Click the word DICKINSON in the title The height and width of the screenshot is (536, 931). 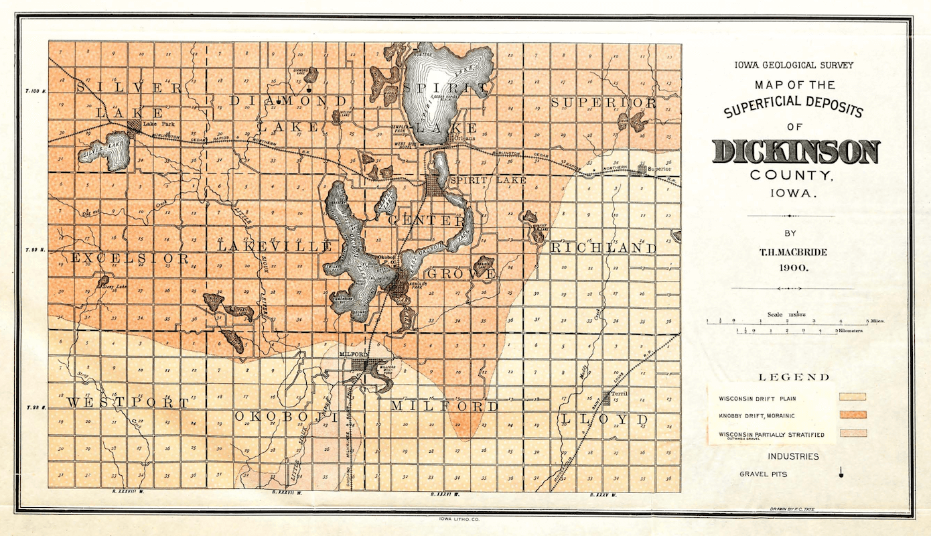tap(795, 152)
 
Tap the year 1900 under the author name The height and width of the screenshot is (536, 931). tap(794, 267)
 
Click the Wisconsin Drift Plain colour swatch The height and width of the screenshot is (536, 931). tap(853, 397)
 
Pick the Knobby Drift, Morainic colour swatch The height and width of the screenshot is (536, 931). tap(853, 415)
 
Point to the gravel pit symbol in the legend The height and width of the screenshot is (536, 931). tap(841, 474)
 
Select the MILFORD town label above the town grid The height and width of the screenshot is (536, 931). tap(351, 354)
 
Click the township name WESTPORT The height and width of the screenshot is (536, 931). tap(127, 403)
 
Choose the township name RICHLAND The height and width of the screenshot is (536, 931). tap(603, 249)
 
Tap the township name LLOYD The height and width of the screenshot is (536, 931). tap(605, 420)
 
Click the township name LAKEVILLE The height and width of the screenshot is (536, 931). tap(274, 247)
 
